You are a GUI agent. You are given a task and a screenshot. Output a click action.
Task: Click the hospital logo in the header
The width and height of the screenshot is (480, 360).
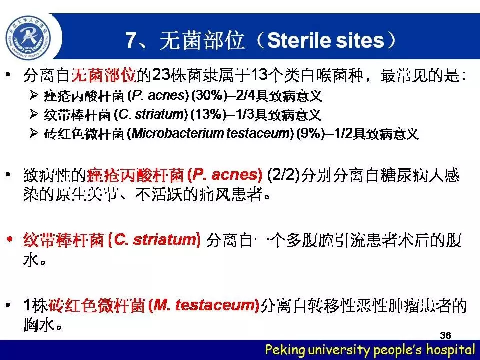click(29, 37)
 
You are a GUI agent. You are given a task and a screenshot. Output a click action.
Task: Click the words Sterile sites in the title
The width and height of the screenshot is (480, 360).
click(325, 40)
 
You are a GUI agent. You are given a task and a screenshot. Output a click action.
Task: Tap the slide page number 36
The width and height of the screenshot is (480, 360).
click(445, 335)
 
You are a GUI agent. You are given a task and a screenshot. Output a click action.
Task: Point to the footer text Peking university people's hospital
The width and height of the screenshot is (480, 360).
click(370, 349)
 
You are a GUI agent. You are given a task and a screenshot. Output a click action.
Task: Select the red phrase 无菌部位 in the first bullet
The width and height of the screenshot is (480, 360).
click(104, 75)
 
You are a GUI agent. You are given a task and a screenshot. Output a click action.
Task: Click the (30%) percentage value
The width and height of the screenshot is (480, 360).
click(209, 95)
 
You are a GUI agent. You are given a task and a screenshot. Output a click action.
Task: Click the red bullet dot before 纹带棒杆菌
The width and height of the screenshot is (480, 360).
click(10, 239)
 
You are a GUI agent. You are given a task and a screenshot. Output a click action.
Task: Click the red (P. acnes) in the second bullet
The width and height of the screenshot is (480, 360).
click(224, 175)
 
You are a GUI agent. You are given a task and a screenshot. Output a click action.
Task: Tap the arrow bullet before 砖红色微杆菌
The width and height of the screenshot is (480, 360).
click(34, 133)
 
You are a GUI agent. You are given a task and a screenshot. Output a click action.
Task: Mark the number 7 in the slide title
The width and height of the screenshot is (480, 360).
click(130, 40)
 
